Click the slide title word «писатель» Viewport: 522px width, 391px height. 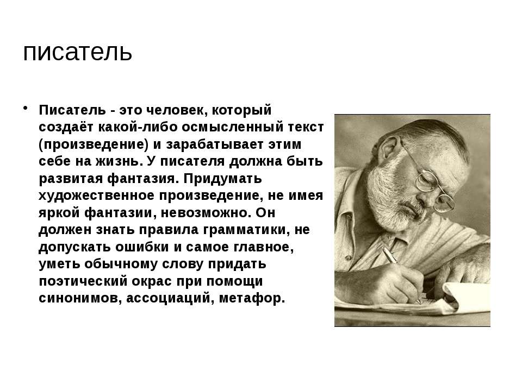78,52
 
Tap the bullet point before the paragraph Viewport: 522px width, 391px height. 26,108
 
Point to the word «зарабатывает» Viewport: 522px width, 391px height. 217,144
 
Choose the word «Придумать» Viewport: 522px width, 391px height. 223,179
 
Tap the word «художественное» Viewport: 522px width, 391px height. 97,195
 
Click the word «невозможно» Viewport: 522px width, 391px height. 206,213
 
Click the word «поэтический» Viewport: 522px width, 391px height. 83,281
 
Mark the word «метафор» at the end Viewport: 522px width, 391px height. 252,298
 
